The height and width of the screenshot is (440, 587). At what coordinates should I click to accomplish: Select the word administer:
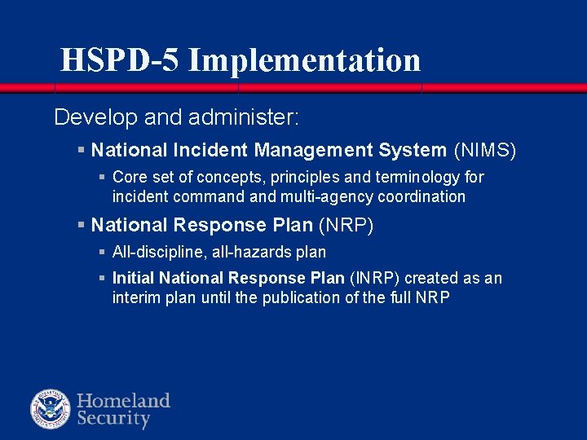[x=244, y=118]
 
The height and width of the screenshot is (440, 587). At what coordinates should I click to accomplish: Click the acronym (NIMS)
[x=485, y=150]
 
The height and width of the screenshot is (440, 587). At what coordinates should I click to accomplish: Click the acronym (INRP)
[x=374, y=278]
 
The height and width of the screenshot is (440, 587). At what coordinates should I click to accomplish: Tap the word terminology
[x=414, y=177]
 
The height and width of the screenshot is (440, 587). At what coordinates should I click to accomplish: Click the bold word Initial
[x=133, y=278]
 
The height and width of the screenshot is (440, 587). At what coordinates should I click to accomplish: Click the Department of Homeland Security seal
[x=51, y=409]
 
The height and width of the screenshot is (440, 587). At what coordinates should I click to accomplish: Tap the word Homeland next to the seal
[x=123, y=400]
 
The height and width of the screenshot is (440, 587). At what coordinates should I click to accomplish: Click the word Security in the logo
[x=113, y=420]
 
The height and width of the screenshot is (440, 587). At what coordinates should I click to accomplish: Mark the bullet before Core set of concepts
[x=102, y=177]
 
